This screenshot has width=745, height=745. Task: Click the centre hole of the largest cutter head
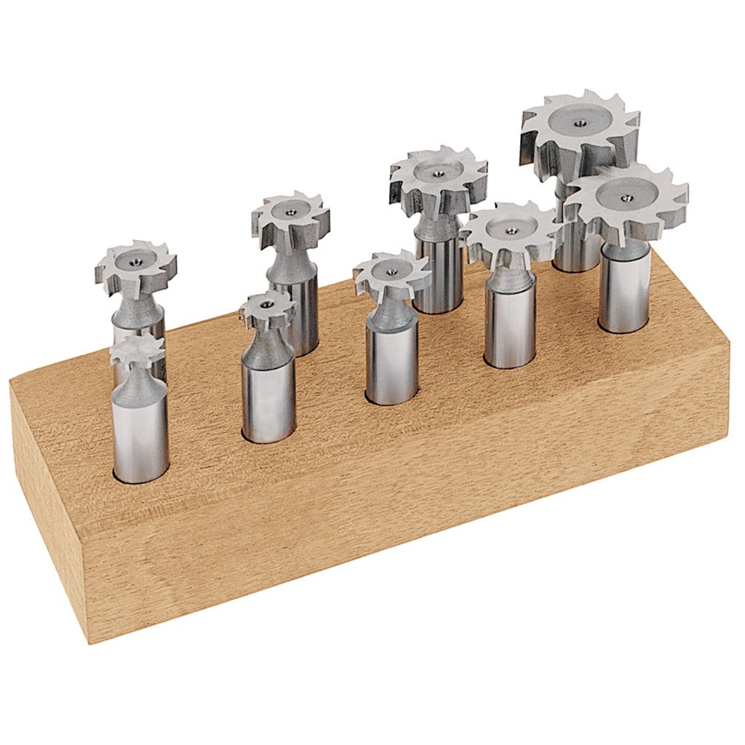click(x=579, y=124)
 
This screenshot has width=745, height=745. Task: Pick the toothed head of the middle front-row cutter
click(x=391, y=275)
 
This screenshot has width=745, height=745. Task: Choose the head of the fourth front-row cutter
click(x=510, y=232)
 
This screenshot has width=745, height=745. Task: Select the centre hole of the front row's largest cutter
click(x=626, y=194)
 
